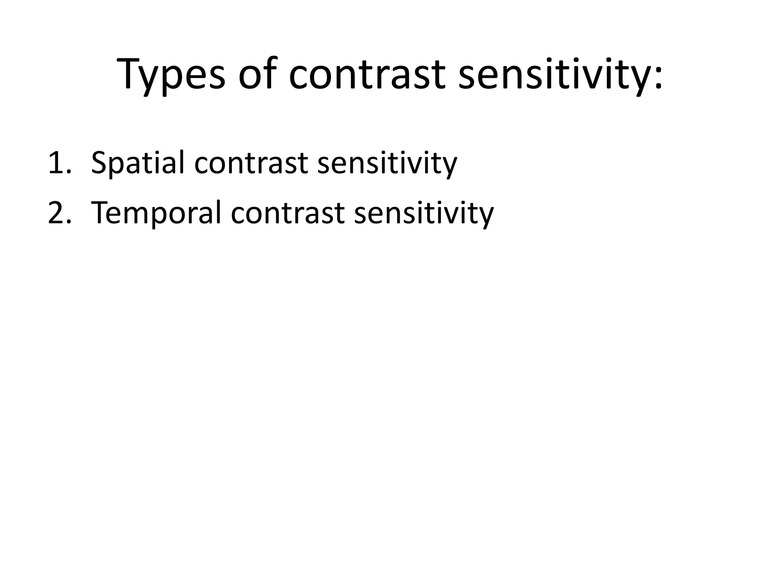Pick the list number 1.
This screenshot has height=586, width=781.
coord(57,163)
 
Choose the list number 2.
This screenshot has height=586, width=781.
coord(57,213)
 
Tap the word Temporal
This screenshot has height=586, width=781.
coord(156,213)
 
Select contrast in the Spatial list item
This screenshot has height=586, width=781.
coord(251,163)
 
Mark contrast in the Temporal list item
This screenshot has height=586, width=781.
coord(288,213)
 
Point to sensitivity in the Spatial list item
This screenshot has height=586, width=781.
coord(387,163)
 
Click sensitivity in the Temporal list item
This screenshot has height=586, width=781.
coord(424,213)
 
